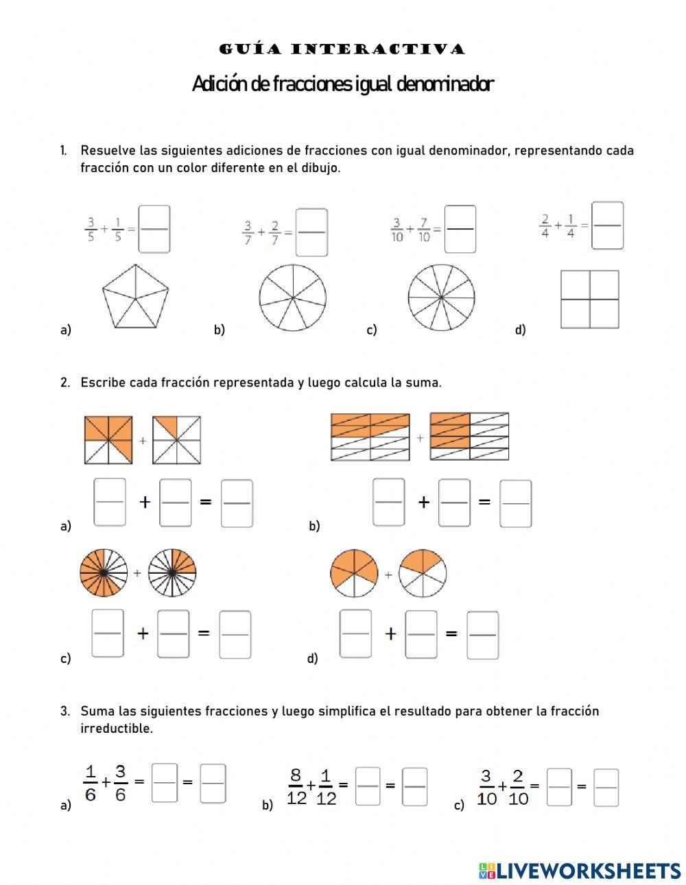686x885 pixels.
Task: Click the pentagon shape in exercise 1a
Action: click(135, 297)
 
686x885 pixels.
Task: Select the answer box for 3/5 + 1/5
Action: click(154, 229)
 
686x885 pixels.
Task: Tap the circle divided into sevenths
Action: click(293, 298)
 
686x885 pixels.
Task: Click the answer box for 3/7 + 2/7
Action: click(311, 232)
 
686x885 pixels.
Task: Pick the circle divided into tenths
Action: click(441, 298)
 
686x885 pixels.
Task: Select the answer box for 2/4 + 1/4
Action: click(607, 225)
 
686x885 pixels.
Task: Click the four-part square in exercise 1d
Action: click(589, 299)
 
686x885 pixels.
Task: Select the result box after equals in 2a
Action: click(237, 503)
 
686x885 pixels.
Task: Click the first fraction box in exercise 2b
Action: click(389, 502)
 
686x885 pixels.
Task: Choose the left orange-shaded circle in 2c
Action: click(104, 572)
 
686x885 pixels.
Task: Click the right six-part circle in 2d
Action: click(423, 573)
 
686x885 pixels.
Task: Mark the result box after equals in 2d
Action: click(482, 635)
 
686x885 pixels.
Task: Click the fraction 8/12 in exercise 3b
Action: click(296, 787)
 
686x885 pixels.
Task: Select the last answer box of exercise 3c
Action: click(606, 787)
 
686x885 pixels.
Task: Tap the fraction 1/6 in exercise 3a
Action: click(90, 784)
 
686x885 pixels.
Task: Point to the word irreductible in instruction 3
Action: click(116, 728)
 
